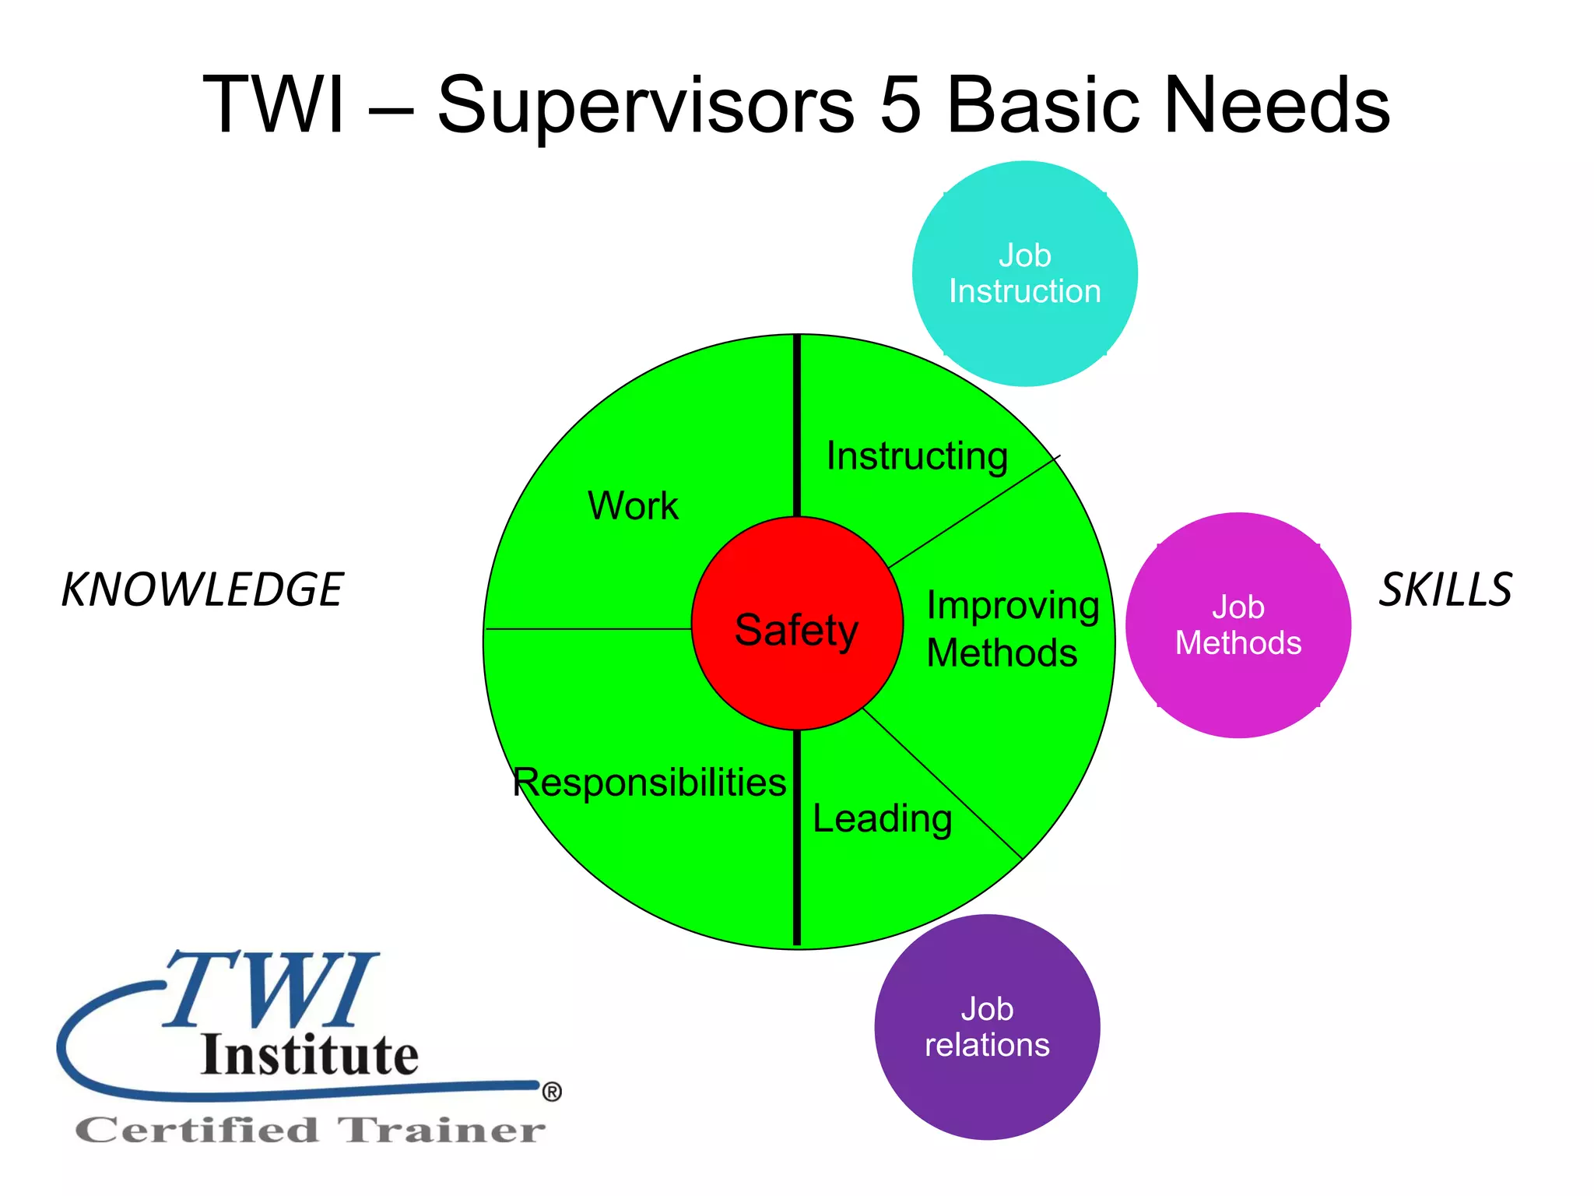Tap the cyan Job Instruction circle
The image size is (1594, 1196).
[x=1024, y=273]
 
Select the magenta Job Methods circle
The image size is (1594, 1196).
[x=1238, y=625]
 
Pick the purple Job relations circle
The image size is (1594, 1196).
[x=987, y=1027]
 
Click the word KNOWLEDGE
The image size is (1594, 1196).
[x=202, y=589]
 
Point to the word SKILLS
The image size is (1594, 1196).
[x=1445, y=589]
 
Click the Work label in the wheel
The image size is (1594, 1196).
[x=633, y=505]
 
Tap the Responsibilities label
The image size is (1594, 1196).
[x=650, y=783]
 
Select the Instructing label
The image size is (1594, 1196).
[x=917, y=456]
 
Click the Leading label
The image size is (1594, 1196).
[x=882, y=819]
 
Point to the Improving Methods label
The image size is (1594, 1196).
[x=1012, y=628]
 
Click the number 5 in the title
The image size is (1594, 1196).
[x=901, y=105]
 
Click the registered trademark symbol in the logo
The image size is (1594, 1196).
[x=552, y=1092]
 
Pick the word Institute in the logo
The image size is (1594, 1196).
[x=310, y=1055]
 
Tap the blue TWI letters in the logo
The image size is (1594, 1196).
[x=272, y=989]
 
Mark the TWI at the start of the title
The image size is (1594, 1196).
[x=273, y=105]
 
